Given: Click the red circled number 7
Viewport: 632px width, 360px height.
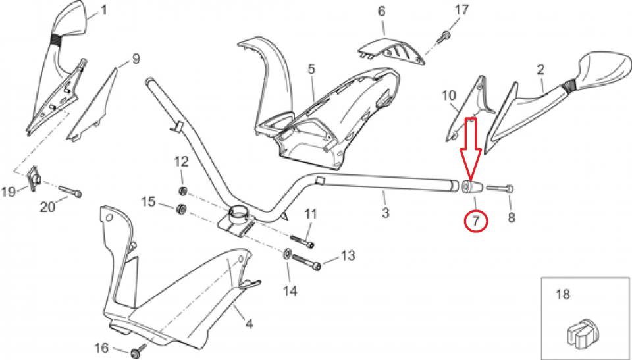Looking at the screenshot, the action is [476, 222].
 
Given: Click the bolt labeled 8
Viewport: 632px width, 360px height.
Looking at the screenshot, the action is [500, 188].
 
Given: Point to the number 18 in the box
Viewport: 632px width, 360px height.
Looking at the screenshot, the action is [563, 294].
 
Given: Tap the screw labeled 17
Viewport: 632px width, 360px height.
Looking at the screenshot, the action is [443, 37].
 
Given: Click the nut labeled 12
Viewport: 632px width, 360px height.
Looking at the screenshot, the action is [183, 190].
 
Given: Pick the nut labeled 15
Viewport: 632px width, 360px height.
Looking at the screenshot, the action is [181, 209].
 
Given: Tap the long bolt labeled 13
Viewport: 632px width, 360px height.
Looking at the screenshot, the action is [306, 262].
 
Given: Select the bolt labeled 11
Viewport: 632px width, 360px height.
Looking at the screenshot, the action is [302, 240].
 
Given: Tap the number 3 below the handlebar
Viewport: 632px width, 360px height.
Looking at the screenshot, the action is [386, 212].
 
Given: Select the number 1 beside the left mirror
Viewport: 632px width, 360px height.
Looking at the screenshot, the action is [105, 10].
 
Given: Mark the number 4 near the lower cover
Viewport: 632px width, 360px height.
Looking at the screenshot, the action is [249, 324].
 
